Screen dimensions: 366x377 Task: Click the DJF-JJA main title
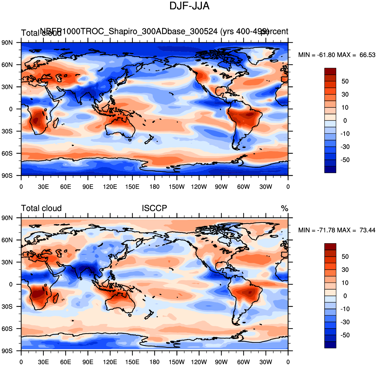(x=189, y=6)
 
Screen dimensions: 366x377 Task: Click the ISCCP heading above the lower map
(x=154, y=208)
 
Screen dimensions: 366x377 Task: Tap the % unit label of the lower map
(x=284, y=209)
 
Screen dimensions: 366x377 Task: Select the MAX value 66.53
(x=367, y=55)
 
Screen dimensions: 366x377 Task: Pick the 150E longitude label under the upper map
(x=132, y=187)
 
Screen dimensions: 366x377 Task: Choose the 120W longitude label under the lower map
(x=199, y=362)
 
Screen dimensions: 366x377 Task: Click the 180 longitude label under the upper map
(x=154, y=187)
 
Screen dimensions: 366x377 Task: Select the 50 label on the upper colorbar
(x=345, y=81)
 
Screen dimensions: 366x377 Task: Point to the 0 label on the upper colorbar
(x=345, y=120)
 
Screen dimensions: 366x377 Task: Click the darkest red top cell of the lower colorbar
(x=330, y=247)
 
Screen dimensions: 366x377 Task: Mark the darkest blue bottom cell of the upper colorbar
(x=330, y=169)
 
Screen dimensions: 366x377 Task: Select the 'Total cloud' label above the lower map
(x=41, y=208)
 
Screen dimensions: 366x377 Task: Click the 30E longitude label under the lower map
(x=43, y=362)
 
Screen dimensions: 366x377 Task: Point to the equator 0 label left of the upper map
(x=11, y=109)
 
